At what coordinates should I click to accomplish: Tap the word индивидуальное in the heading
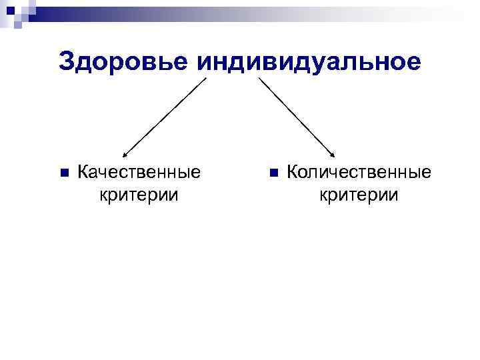(x=309, y=62)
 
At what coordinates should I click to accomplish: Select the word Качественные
(x=139, y=173)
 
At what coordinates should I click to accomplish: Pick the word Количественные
(x=359, y=173)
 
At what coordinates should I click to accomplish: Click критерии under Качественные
(x=139, y=195)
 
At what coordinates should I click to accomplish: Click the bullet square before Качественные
(x=64, y=173)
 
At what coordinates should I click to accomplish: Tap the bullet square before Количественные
(x=273, y=173)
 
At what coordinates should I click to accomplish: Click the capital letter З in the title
(x=67, y=62)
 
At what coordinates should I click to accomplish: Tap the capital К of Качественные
(x=84, y=173)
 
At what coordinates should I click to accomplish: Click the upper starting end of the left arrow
(x=206, y=79)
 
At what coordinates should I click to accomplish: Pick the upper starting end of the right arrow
(x=259, y=79)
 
